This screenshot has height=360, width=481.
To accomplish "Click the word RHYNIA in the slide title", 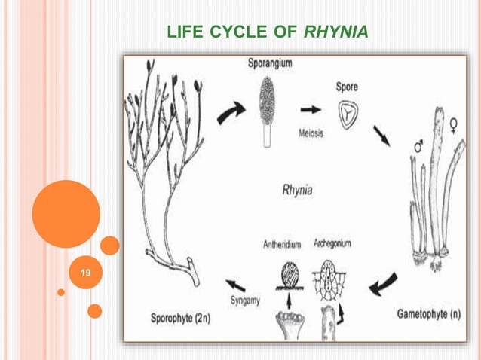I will [337, 32].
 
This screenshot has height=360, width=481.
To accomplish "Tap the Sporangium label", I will [271, 65].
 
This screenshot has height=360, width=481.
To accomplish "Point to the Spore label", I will [347, 87].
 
